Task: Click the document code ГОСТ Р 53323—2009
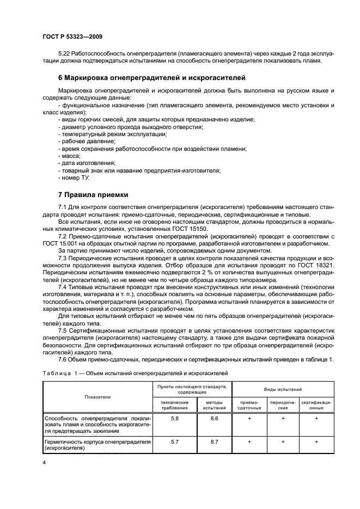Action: pos(72,36)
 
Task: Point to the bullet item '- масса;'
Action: pos(69,155)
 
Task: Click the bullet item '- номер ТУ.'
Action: pos(73,177)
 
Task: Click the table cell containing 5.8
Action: pos(175,419)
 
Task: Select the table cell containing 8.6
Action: pos(214,419)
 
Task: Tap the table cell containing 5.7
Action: pos(175,442)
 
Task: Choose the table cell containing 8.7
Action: pos(214,442)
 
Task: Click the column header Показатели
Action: pos(98,397)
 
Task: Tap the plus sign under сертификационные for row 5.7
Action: pos(316,442)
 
